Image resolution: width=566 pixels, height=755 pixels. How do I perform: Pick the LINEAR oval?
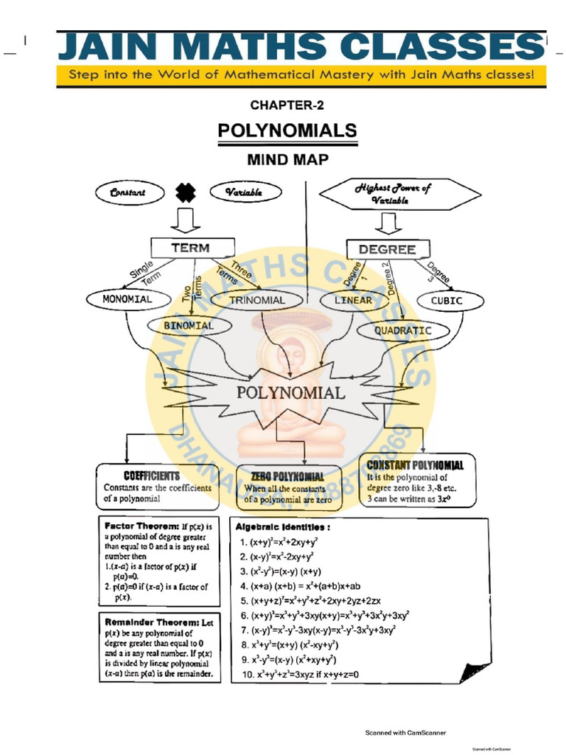(x=354, y=301)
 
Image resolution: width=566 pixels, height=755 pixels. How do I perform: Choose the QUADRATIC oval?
(x=402, y=330)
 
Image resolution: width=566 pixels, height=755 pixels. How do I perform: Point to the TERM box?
(x=191, y=248)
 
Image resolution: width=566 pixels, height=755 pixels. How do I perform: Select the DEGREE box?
(x=387, y=249)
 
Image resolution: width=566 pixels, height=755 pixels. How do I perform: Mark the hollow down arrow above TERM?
(x=186, y=220)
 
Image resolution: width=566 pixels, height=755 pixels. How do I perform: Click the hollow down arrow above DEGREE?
(x=386, y=223)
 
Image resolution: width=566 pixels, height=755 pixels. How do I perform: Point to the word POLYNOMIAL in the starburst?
(x=290, y=393)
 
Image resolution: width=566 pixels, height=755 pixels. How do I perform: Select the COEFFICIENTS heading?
(x=151, y=476)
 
